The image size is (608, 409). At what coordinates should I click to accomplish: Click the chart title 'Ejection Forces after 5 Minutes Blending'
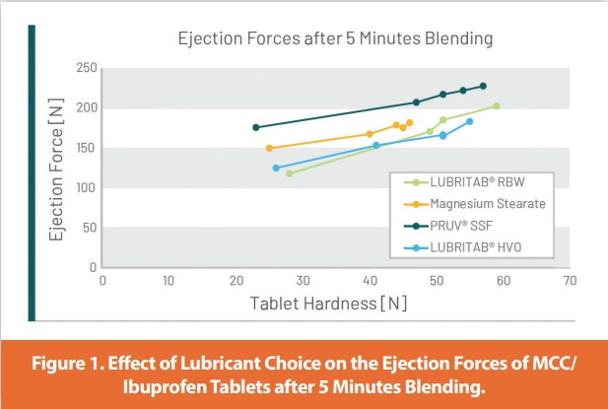pos(334,39)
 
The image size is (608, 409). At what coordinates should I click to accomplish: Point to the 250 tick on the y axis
pos(86,67)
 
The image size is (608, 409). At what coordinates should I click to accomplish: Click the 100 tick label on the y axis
pos(86,187)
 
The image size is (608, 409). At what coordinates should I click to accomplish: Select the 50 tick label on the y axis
pos(89,228)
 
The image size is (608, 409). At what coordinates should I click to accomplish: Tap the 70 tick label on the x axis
pos(569,280)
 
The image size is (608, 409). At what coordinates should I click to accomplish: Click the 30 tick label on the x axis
pos(303,280)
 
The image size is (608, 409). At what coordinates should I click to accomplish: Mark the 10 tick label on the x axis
pos(169,280)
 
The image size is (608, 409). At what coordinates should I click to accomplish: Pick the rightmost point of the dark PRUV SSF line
pos(483,86)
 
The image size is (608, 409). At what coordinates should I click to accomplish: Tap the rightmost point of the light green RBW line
pos(496,105)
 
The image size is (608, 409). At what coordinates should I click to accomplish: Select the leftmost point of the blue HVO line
pos(276,168)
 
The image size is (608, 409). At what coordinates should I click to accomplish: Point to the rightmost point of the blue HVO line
pos(469,121)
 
